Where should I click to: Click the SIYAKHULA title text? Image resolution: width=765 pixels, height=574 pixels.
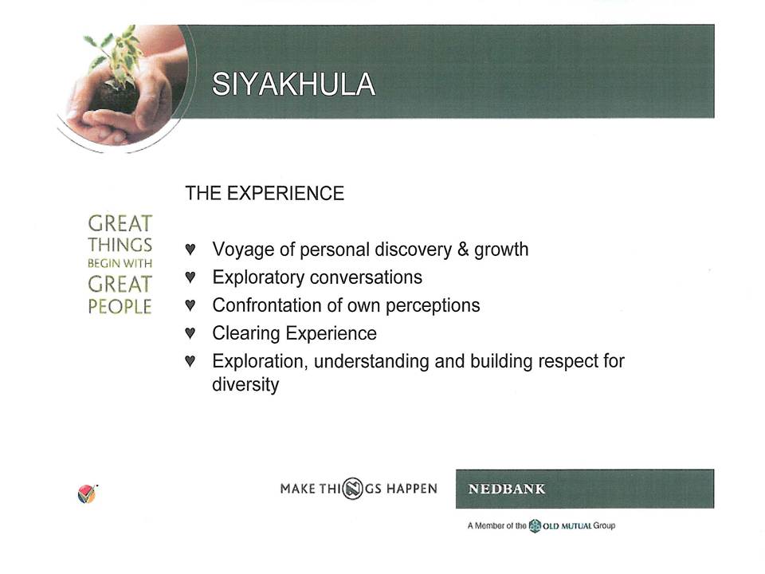tap(293, 84)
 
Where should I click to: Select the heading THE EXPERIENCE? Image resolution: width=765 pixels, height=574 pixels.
tap(265, 193)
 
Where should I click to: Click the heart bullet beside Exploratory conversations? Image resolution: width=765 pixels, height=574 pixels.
tap(190, 277)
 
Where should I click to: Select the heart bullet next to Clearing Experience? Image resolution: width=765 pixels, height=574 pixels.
tap(190, 333)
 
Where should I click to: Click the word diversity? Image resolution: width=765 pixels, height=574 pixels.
tap(245, 384)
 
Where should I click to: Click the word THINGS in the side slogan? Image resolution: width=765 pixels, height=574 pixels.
tap(120, 245)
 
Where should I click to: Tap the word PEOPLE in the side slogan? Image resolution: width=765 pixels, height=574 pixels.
tap(120, 306)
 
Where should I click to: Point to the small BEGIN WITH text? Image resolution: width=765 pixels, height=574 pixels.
tap(120, 264)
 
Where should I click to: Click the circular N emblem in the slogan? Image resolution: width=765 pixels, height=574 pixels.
tap(352, 489)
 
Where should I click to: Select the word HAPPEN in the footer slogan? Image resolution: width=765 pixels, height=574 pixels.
tap(412, 489)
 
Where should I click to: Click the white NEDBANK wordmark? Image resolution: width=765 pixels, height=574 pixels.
tap(507, 489)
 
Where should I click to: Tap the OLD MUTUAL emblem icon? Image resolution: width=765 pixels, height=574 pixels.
tap(535, 525)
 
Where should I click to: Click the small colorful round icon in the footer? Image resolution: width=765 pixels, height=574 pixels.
tap(87, 494)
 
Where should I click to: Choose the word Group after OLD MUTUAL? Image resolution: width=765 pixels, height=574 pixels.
tap(604, 525)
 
